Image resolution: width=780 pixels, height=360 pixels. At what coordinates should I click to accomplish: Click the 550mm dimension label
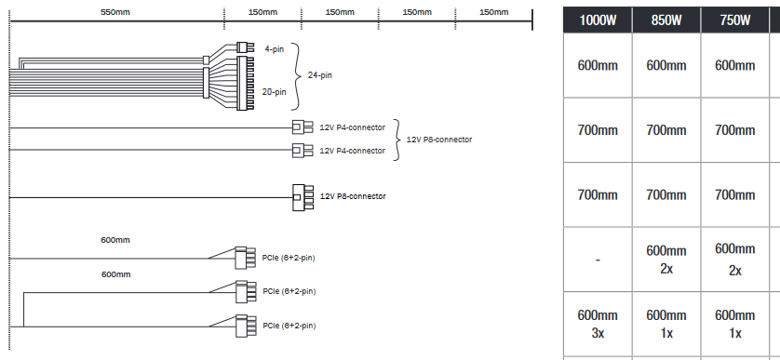point(114,12)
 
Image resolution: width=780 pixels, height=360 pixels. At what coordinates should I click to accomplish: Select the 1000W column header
point(598,20)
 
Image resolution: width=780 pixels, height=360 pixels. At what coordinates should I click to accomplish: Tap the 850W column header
point(666,20)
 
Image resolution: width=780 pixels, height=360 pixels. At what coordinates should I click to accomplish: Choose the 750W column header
point(734,20)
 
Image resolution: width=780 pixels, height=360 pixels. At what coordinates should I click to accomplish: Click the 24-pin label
point(320,75)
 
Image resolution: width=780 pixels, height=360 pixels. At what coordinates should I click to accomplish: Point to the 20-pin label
point(274,91)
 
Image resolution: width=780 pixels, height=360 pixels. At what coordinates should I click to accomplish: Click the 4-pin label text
point(274,49)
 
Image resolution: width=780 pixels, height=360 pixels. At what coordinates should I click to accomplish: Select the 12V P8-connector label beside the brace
point(439,140)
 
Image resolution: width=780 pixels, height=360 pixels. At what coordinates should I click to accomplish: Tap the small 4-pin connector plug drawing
point(242,47)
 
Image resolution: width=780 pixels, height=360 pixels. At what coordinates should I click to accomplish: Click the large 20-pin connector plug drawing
point(245,83)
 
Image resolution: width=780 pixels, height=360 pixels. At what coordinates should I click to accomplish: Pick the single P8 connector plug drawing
point(303,197)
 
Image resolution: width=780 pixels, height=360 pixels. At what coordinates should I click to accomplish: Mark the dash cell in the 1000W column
point(598,260)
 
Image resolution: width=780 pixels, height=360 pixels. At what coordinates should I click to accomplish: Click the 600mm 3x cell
point(598,324)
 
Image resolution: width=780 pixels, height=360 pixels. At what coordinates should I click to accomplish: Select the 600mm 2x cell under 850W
point(666,260)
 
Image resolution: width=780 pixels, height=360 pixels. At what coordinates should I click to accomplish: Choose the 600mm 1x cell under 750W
point(734,324)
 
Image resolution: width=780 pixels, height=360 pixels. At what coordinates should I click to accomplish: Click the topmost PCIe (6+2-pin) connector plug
point(245,258)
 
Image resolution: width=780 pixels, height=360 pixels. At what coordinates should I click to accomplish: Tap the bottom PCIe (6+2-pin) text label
point(289,326)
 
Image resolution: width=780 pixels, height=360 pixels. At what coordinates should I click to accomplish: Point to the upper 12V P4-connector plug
point(302,127)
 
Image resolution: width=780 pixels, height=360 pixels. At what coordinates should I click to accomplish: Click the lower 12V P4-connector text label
point(352,151)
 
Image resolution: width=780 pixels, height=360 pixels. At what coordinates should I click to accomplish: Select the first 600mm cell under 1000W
point(598,65)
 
